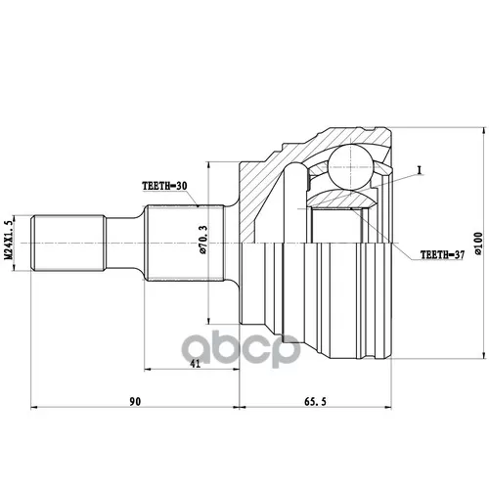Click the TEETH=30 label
(x=164, y=186)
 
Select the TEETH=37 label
(x=442, y=254)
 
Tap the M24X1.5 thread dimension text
(x=10, y=240)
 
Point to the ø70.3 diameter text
(x=202, y=240)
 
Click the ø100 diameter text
(x=478, y=243)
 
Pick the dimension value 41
(x=196, y=364)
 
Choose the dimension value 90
(x=135, y=402)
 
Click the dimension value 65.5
(x=315, y=402)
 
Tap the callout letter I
(x=420, y=169)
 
